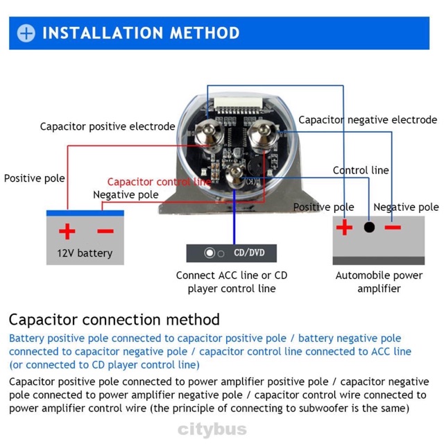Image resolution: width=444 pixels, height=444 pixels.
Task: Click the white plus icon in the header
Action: [26, 33]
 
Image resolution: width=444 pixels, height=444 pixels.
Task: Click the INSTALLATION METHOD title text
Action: [141, 33]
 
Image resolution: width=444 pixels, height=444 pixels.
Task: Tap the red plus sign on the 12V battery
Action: [67, 232]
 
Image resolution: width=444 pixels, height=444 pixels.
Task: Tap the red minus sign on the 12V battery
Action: [105, 231]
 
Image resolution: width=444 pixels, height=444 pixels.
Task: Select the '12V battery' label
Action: [84, 253]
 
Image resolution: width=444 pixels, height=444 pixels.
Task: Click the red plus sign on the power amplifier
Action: [344, 228]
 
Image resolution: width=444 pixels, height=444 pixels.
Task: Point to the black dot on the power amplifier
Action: [369, 228]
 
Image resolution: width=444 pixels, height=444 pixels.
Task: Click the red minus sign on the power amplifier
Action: [393, 227]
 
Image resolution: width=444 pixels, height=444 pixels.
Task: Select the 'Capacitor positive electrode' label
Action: [108, 126]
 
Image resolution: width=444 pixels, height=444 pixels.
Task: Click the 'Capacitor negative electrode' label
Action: [368, 120]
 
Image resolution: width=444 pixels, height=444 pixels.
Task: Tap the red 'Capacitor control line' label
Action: [159, 182]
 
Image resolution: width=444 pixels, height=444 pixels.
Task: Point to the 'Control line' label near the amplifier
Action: [361, 170]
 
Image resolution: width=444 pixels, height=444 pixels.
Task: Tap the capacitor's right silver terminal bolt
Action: [264, 129]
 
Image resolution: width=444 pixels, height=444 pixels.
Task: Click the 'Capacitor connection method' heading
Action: [114, 320]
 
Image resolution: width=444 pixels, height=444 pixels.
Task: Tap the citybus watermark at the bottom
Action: [212, 429]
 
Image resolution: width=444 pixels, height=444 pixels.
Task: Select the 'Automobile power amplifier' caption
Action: [379, 282]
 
